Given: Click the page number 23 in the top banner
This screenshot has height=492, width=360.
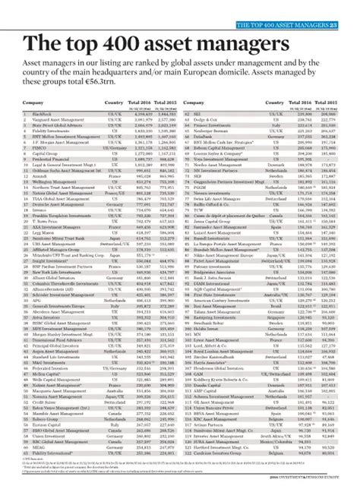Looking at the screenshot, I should pos(352,7).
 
